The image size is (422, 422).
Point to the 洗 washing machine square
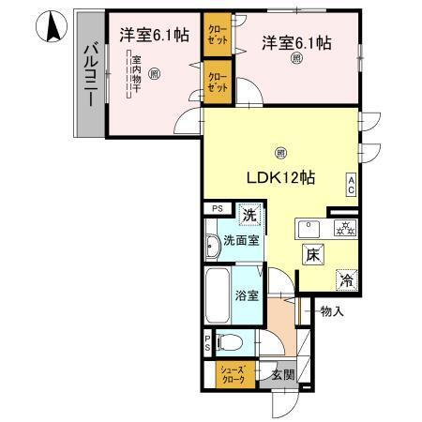click(x=249, y=216)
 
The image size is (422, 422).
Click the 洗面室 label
click(x=241, y=241)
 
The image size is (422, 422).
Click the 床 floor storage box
click(x=312, y=254)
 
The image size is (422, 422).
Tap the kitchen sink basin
click(x=309, y=228)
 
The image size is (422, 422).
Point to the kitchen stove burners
click(x=342, y=228)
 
